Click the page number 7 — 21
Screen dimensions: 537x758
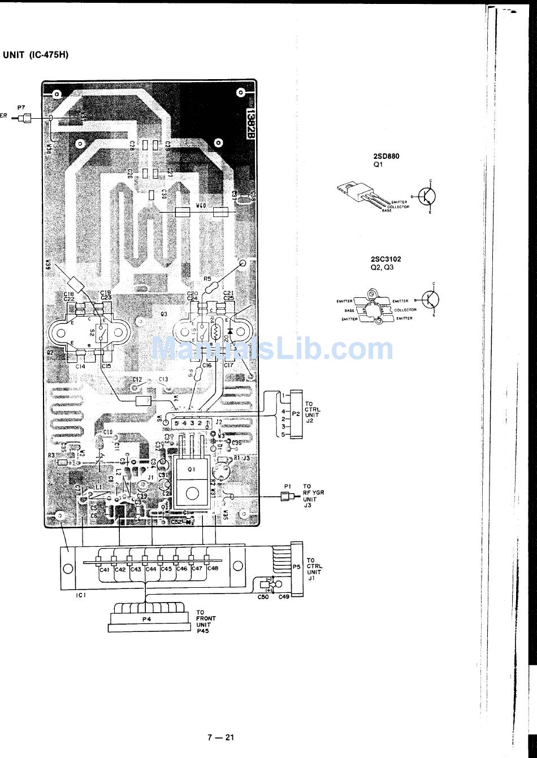point(220,737)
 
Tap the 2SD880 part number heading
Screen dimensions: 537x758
point(386,157)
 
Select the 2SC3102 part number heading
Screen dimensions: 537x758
point(387,259)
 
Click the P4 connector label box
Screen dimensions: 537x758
point(147,620)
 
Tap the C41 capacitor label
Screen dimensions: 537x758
point(104,569)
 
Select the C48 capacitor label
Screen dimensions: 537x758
point(213,569)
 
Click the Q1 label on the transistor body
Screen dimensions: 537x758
point(192,469)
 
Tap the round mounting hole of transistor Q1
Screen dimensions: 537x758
point(192,492)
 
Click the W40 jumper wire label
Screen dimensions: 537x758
point(200,206)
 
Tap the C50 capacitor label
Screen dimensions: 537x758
point(263,596)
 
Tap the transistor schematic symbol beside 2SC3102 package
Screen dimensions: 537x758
point(431,300)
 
